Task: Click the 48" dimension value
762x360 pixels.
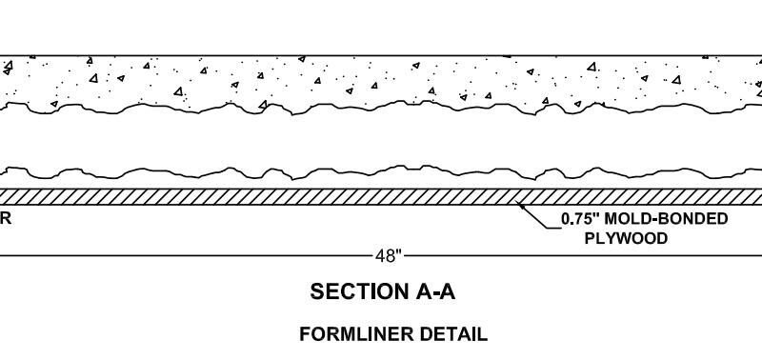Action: tap(389, 256)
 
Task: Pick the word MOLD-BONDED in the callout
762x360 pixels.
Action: tap(666, 219)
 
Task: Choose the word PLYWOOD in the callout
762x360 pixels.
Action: tap(626, 238)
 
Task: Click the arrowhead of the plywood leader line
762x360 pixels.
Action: tap(522, 207)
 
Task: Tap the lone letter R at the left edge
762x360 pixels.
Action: tap(5, 219)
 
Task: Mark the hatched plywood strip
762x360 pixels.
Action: tap(381, 197)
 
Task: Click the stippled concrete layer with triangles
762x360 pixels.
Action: tap(381, 80)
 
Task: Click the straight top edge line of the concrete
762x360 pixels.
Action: tap(381, 56)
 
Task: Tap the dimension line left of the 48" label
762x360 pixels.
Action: tap(186, 255)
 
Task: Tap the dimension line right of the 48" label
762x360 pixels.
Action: tap(583, 255)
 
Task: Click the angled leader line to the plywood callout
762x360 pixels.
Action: tap(539, 217)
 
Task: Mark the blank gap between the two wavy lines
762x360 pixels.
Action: tap(381, 141)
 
